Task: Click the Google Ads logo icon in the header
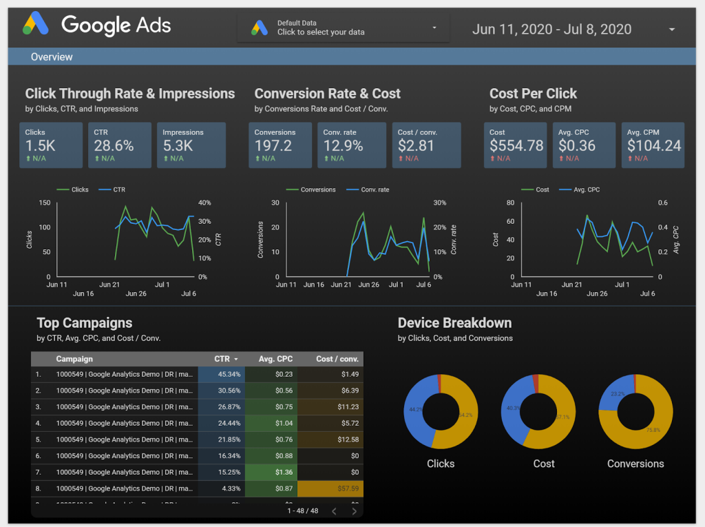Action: (x=36, y=25)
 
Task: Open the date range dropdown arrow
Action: (x=672, y=29)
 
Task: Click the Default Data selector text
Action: (x=321, y=28)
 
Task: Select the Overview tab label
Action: (x=52, y=57)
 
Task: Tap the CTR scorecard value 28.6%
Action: (x=114, y=145)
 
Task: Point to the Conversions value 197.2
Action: (x=273, y=145)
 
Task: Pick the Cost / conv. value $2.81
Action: (x=416, y=145)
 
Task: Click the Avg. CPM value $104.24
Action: (x=654, y=145)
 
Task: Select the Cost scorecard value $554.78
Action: (x=516, y=145)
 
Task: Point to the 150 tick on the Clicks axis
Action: (x=45, y=203)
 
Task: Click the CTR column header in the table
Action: (x=222, y=359)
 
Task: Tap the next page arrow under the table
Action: (x=354, y=511)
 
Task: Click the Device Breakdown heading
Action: (x=454, y=323)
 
